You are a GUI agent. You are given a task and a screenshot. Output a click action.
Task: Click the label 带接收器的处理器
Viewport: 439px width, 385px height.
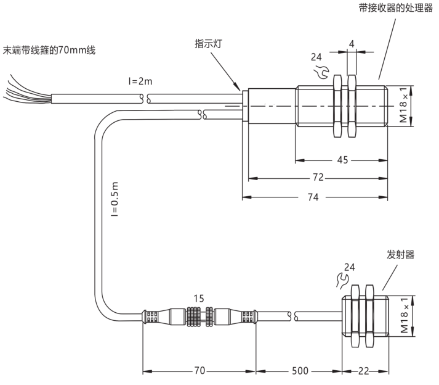click(396, 8)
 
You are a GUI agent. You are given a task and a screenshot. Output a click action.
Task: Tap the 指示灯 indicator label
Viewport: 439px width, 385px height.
click(208, 44)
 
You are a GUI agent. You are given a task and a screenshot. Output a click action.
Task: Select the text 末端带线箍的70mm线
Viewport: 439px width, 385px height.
click(49, 50)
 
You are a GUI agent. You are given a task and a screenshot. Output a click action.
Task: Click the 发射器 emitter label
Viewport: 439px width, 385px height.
click(400, 255)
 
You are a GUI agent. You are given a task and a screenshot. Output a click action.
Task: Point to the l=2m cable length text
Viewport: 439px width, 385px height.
click(140, 81)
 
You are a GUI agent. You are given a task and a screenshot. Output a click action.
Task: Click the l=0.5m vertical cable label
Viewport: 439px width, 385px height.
click(115, 199)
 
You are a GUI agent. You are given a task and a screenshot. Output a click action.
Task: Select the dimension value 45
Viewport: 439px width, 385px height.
click(342, 160)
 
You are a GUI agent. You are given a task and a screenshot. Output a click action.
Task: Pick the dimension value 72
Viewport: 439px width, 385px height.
click(318, 177)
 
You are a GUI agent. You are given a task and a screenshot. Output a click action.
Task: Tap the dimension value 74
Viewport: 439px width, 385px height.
click(313, 197)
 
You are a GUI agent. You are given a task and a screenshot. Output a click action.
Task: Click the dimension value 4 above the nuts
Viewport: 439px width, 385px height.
click(352, 44)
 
